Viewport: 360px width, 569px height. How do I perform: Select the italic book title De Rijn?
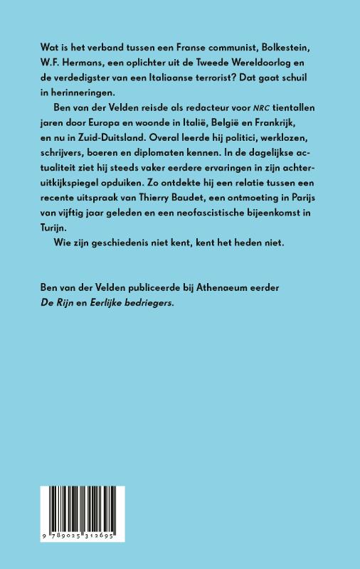(58, 326)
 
